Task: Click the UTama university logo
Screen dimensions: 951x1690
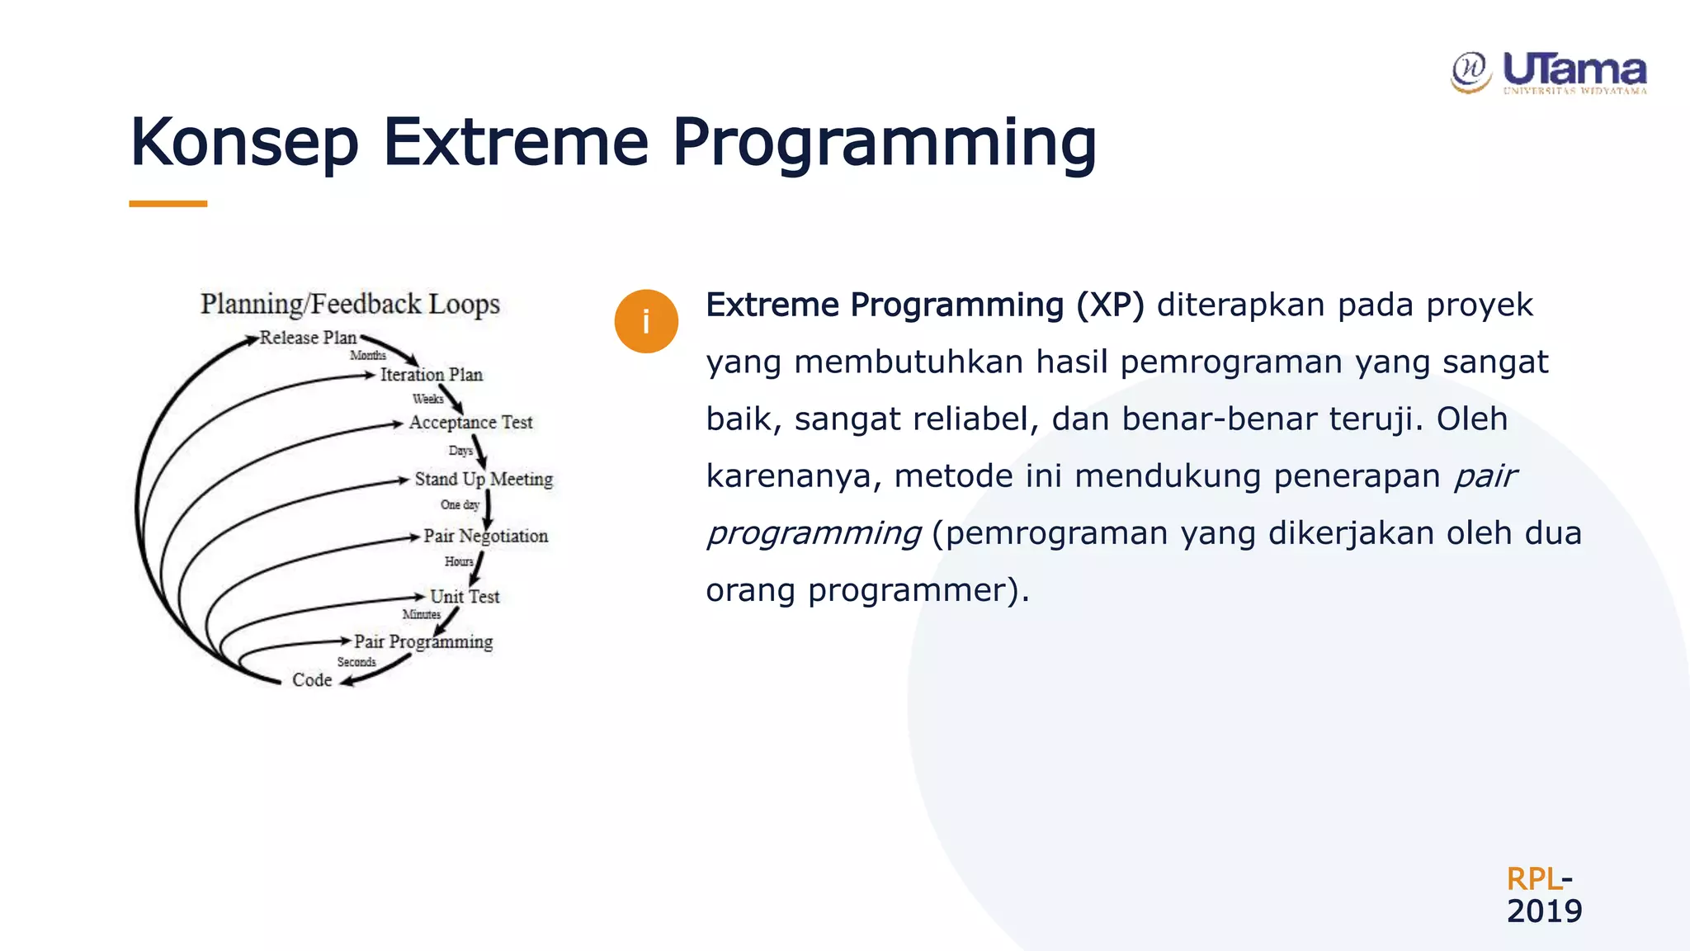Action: [1549, 73]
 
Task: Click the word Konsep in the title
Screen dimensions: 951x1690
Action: [244, 142]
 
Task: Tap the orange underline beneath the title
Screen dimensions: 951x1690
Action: [168, 203]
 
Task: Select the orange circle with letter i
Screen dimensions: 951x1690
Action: [646, 321]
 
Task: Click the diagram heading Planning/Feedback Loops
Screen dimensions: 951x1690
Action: [350, 304]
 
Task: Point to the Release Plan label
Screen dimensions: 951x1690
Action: [308, 338]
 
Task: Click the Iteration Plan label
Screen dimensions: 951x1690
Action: [431, 375]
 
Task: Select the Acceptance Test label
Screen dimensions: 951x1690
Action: [470, 423]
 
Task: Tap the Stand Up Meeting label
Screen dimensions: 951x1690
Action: [484, 479]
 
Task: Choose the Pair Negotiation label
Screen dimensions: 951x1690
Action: [485, 536]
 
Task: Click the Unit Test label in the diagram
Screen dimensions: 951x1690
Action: [465, 596]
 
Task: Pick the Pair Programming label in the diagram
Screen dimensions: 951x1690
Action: [423, 641]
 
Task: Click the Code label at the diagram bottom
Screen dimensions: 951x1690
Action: [312, 680]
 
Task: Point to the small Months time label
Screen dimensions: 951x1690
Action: [368, 356]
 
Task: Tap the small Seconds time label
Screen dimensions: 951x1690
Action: [356, 662]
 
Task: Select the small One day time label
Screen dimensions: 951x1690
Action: [460, 504]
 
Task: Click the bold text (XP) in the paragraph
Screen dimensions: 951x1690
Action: [1110, 305]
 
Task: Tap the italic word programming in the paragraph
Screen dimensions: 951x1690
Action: [814, 533]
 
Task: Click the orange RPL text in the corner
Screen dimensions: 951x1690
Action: [1533, 878]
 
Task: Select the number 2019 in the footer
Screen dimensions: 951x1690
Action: [1544, 911]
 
